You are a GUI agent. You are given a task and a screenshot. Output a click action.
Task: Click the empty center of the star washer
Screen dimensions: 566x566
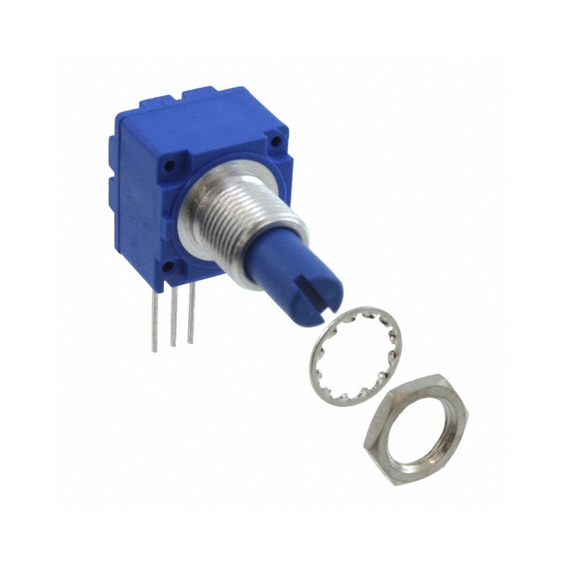click(354, 354)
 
